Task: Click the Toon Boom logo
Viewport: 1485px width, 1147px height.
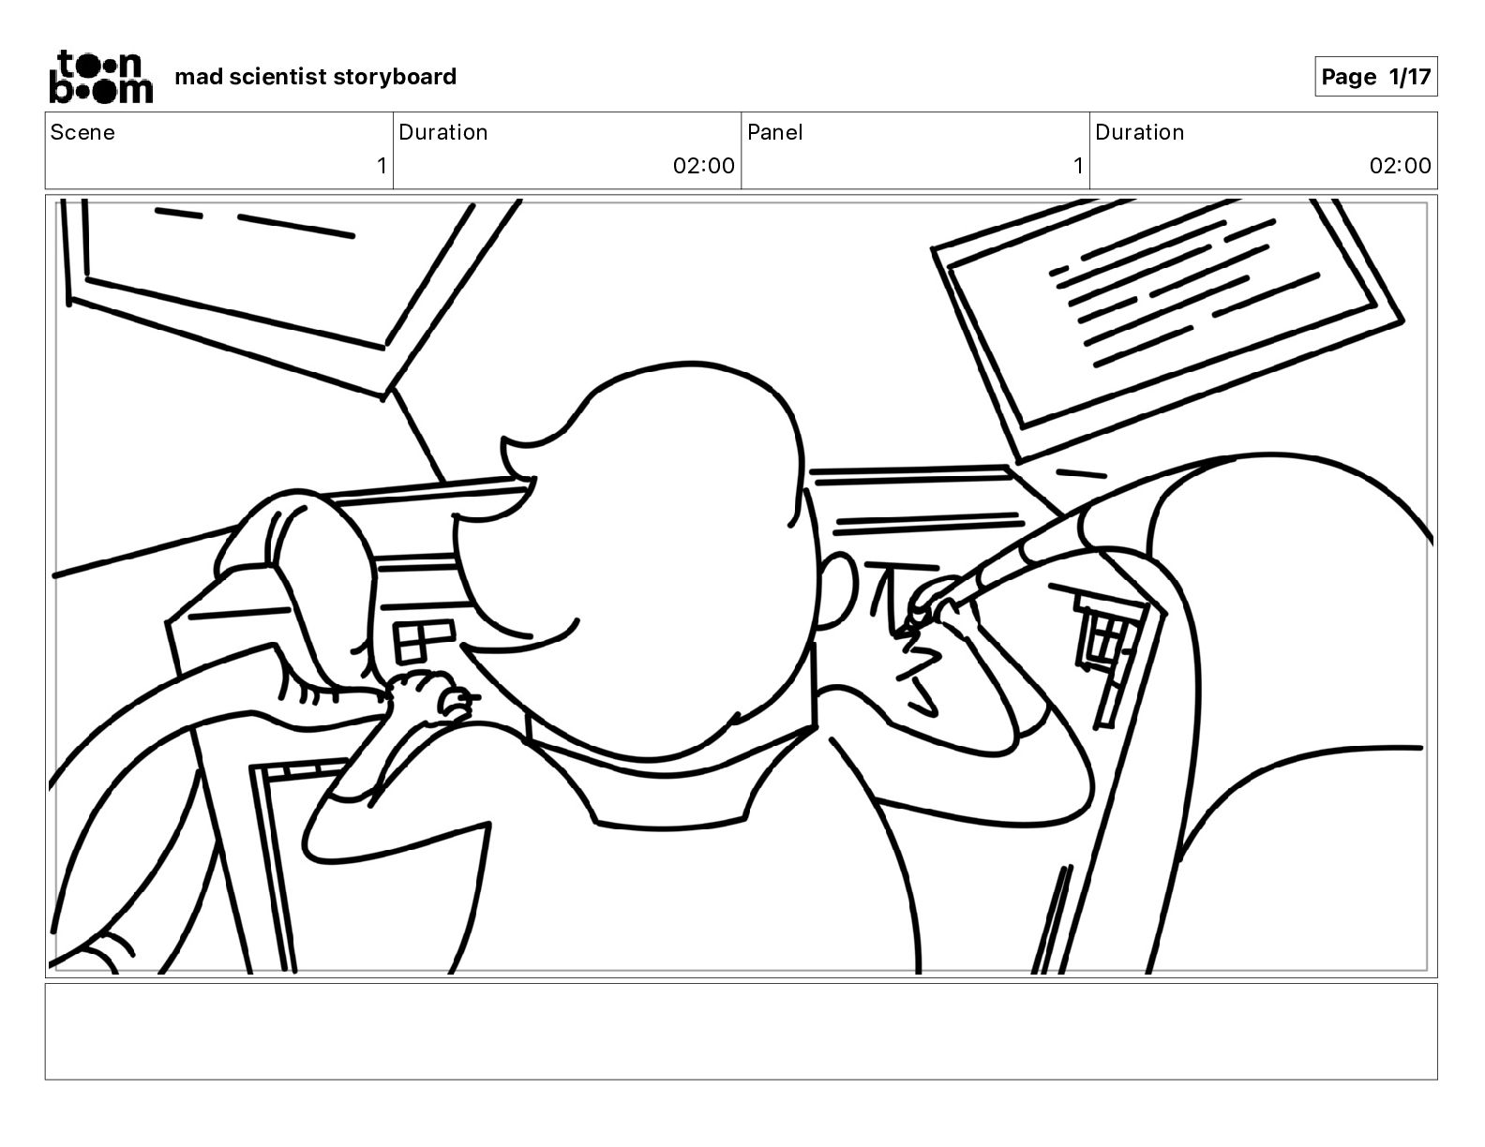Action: coord(99,76)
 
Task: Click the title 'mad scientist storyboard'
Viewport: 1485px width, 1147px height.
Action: coord(315,77)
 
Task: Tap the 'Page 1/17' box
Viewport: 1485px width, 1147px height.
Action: coord(1375,77)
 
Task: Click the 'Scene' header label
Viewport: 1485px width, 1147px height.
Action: coord(82,132)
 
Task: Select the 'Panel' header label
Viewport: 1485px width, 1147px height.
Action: coord(774,132)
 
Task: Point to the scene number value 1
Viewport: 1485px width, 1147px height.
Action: coord(381,166)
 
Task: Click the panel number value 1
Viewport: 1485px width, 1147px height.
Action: coord(1077,166)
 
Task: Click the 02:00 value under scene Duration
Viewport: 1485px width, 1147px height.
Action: coord(703,166)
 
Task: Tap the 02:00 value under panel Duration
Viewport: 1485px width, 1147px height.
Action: coord(1400,166)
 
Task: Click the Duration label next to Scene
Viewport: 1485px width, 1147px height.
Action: coord(442,132)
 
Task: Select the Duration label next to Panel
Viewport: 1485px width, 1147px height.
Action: coord(1139,132)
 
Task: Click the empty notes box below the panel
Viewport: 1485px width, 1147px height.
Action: coord(741,1031)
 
